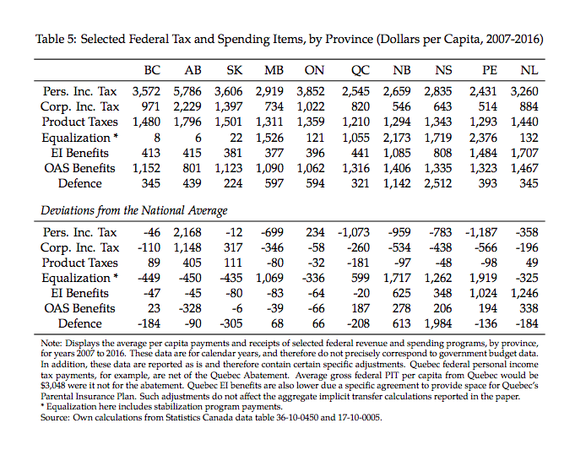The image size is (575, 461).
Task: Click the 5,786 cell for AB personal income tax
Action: (x=190, y=91)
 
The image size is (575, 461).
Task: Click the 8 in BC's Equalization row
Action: (x=157, y=137)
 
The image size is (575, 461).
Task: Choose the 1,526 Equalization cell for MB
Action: (x=269, y=137)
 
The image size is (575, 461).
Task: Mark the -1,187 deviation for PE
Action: (x=481, y=232)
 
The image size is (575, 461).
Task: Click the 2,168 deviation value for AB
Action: (x=190, y=232)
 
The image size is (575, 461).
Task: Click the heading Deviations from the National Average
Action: (x=134, y=210)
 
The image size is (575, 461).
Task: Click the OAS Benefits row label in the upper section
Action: (x=79, y=167)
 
